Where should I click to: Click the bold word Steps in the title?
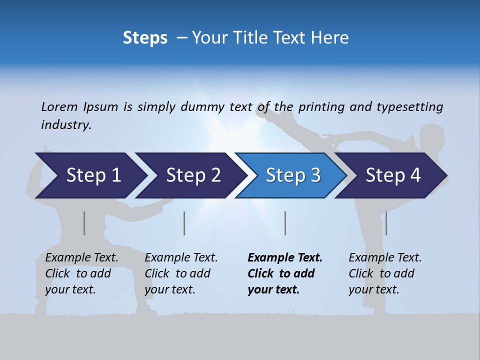[x=145, y=37]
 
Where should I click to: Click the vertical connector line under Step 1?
[x=84, y=223]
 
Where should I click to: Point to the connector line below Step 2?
[x=184, y=223]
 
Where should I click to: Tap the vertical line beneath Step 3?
[x=285, y=223]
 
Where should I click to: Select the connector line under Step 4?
[x=386, y=223]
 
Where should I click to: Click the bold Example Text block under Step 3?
[x=285, y=273]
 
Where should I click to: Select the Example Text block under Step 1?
[x=81, y=273]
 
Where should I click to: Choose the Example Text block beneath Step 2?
[x=181, y=273]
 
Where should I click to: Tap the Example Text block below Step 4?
[x=385, y=273]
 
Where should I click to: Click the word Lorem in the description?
[x=59, y=106]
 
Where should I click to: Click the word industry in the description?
[x=65, y=124]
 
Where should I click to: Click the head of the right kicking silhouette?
[x=431, y=137]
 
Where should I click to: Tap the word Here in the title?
[x=331, y=37]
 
